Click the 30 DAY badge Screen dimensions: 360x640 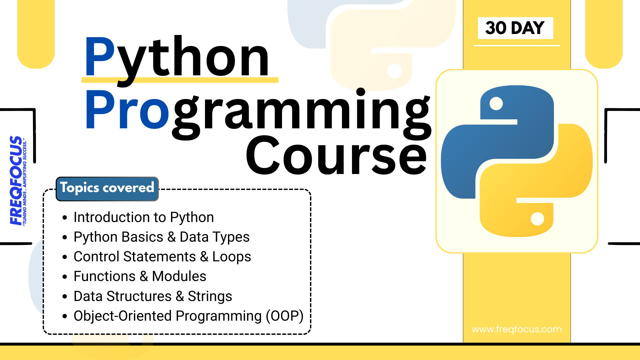point(515,28)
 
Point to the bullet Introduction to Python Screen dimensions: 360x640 point(143,217)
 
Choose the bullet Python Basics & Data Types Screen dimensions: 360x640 point(161,237)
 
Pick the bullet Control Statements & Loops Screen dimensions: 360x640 point(162,257)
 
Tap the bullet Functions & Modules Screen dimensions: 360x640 point(140,276)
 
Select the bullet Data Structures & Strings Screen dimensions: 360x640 point(153,296)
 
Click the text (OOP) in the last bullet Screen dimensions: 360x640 point(284,316)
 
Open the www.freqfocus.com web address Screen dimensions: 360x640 point(516,329)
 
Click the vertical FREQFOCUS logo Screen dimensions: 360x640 point(16,180)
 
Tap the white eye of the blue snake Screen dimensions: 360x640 point(496,103)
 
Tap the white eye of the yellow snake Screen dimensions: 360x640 point(537,219)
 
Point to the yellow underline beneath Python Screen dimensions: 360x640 point(180,80)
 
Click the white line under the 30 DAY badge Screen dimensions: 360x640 point(516,45)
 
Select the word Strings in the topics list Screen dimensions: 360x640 point(210,296)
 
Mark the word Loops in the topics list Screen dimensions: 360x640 point(231,257)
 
